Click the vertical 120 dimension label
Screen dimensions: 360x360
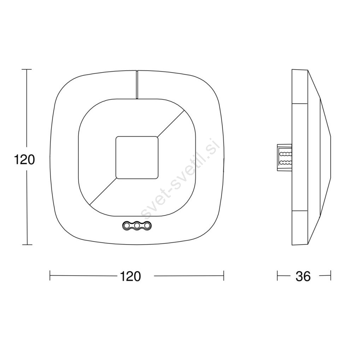24,160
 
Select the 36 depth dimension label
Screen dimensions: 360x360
303,276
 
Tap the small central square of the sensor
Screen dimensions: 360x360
137,157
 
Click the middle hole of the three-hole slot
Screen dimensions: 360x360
137,225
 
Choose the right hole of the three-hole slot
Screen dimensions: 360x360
147,225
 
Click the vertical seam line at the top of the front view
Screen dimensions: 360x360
137,84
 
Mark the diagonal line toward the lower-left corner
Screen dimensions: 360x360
103,191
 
